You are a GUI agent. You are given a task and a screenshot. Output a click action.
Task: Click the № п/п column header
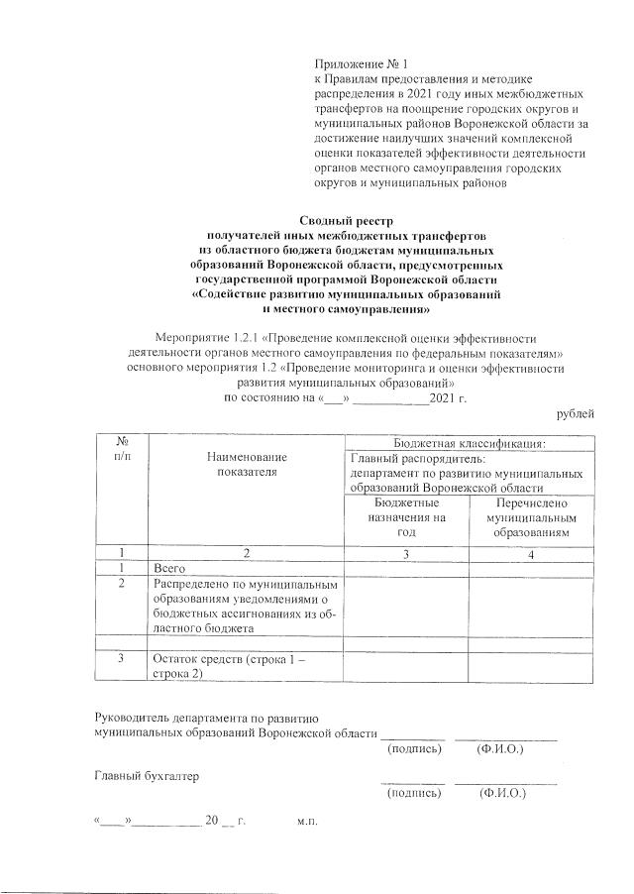point(120,448)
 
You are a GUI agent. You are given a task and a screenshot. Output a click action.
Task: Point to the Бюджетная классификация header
point(470,444)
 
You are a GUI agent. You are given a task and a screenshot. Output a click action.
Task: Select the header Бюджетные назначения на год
point(406,518)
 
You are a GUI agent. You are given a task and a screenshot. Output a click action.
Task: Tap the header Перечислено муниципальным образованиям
point(531,518)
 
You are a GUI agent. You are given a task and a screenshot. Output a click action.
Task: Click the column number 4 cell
point(531,553)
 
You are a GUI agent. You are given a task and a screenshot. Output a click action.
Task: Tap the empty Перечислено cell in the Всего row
point(531,569)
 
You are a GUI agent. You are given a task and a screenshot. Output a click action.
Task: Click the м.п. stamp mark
point(305,822)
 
